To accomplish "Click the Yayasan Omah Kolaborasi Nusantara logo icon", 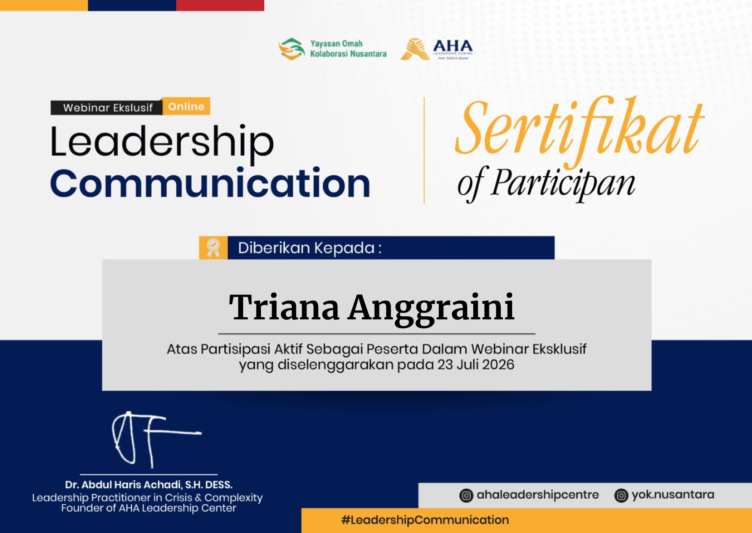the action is [292, 49].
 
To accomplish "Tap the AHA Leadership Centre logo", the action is [437, 49].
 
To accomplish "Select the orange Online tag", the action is [186, 106].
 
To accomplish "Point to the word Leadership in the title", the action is [162, 143].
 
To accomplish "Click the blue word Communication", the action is [210, 183].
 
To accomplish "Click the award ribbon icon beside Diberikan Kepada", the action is [213, 248].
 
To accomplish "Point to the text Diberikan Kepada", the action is [310, 248].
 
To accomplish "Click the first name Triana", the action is [284, 307].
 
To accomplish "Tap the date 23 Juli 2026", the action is [476, 365].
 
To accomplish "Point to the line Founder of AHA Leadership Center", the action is [149, 508].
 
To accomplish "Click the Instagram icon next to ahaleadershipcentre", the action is [466, 496].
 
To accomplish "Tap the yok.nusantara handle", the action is [673, 495].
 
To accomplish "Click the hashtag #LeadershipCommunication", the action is [425, 520].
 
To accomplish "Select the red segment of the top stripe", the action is [220, 5].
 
